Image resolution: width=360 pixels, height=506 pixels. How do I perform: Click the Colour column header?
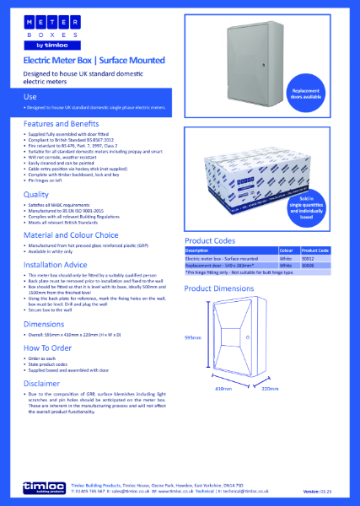tap(286, 250)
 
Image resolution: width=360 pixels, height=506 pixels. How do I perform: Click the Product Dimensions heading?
tap(222, 288)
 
